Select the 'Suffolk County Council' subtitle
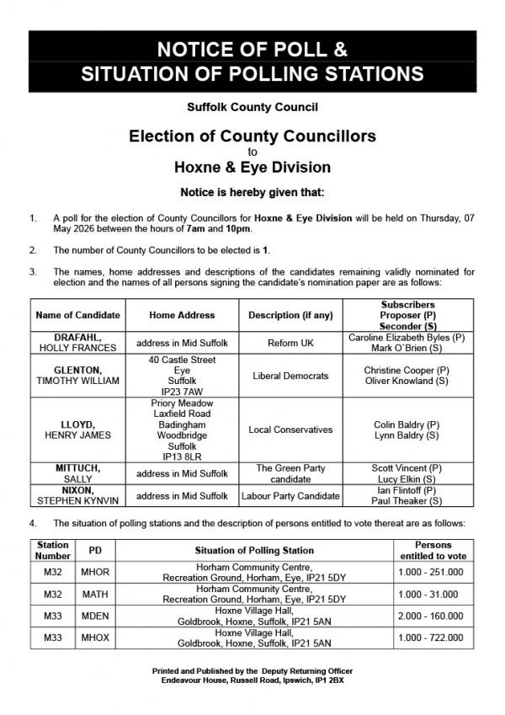(x=252, y=108)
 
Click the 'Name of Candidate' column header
(x=78, y=315)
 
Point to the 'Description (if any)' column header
(x=291, y=315)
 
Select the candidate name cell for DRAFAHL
(x=78, y=343)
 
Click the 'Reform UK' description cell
(x=291, y=343)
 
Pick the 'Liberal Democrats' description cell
(x=291, y=376)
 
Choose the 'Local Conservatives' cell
(x=291, y=430)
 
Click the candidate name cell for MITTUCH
(x=78, y=473)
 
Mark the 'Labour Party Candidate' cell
(x=291, y=496)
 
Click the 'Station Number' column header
(x=53, y=551)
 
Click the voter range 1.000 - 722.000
(x=431, y=637)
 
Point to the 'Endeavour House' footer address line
(x=252, y=679)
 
